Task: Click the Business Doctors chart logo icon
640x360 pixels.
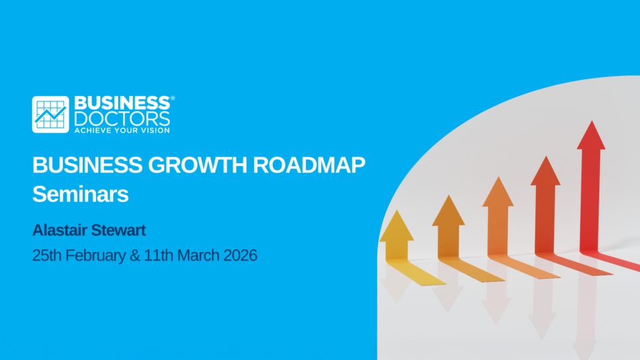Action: click(51, 115)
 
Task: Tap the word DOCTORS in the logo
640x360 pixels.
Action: click(122, 119)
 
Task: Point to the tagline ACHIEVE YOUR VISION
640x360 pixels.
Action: click(122, 131)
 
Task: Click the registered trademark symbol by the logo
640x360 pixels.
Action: click(173, 98)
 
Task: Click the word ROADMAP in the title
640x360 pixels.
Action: click(309, 165)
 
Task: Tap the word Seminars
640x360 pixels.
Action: click(81, 194)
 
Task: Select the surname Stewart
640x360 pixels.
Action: click(118, 230)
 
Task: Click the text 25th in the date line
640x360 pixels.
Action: click(47, 255)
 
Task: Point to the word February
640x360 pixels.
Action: click(95, 256)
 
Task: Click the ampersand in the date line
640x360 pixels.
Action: click(135, 255)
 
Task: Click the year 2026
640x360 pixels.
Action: click(241, 255)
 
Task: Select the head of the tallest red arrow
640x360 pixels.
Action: click(591, 135)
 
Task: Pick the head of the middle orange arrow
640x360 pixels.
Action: click(498, 192)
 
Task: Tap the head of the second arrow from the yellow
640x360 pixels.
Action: click(448, 211)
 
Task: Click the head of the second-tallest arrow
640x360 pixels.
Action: click(545, 171)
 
